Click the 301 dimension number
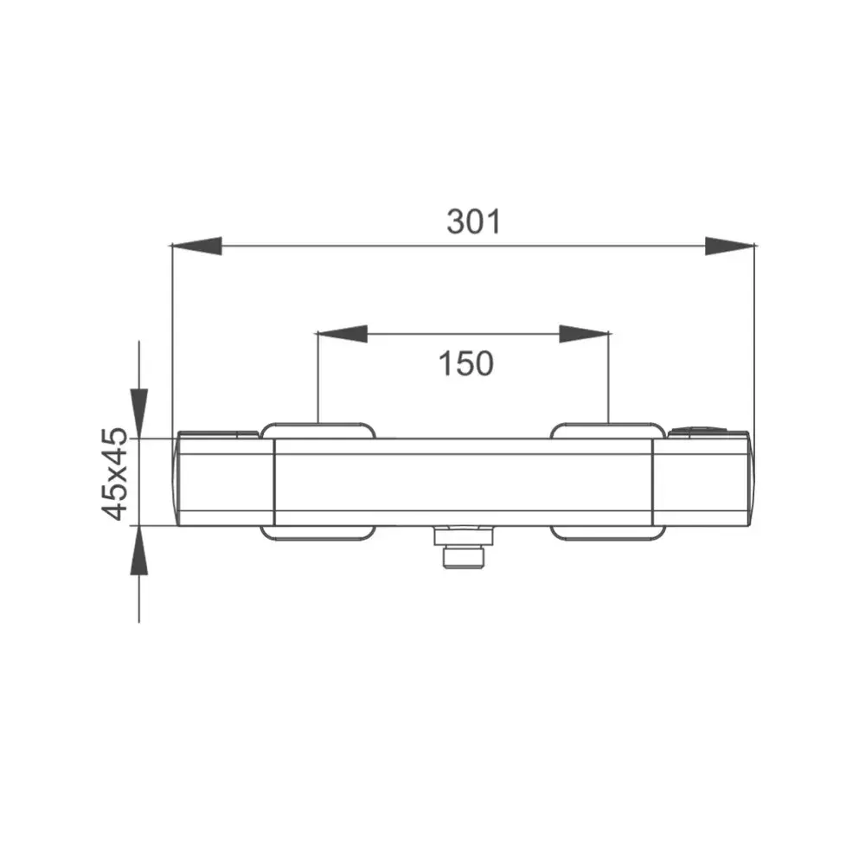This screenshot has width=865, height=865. (474, 221)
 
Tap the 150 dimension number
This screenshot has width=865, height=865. (466, 363)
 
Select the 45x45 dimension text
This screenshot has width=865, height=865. (115, 474)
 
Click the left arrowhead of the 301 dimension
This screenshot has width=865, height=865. (197, 246)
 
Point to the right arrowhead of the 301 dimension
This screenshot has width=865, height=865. (730, 246)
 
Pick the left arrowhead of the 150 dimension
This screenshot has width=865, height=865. (342, 334)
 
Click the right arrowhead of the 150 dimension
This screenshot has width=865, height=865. (584, 334)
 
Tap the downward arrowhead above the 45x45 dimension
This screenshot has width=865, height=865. (139, 413)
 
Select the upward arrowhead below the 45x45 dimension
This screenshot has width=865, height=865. (139, 550)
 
